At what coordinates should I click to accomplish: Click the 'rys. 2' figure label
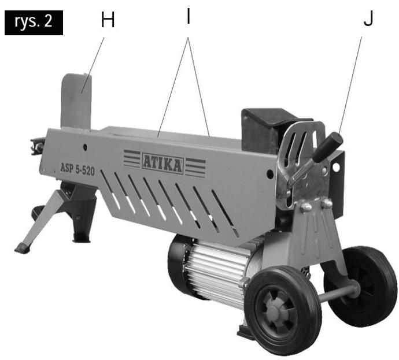34,23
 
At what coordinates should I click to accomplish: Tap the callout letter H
108,20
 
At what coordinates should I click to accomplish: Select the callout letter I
189,16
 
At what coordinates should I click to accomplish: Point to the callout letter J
368,18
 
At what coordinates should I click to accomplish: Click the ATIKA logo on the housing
162,164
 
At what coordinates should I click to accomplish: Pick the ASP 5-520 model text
77,169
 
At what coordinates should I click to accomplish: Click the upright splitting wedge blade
76,102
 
